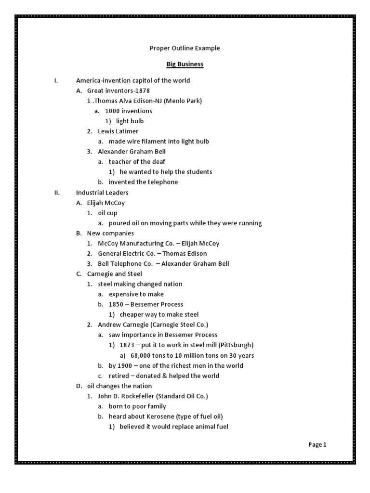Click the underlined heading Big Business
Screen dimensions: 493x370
coord(185,64)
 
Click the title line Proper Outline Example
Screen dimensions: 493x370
coord(185,48)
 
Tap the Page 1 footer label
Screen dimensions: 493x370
coord(317,445)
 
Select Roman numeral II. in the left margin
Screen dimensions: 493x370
coord(57,193)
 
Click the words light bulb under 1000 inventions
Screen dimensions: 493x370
coord(130,121)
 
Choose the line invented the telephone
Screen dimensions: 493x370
coord(143,182)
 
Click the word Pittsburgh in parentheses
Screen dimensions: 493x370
coord(236,345)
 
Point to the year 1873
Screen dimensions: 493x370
coord(128,345)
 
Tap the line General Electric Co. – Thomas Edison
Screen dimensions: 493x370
coord(152,254)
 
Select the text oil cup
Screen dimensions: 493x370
coord(107,213)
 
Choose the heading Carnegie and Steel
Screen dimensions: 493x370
coord(115,274)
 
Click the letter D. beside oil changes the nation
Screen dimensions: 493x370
coord(79,386)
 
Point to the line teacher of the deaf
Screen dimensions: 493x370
coord(137,162)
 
